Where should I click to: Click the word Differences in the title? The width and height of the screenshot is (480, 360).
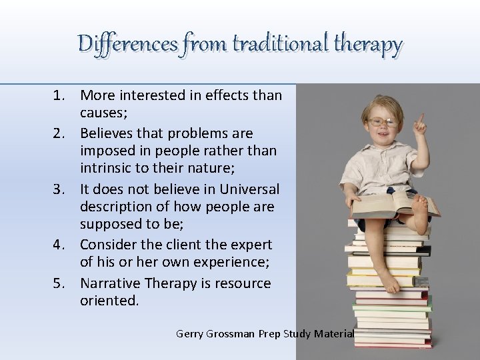click(127, 45)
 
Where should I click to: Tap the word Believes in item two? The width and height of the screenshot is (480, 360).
click(109, 133)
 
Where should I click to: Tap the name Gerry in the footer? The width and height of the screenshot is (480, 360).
click(193, 333)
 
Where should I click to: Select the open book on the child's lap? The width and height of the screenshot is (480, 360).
click(393, 201)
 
